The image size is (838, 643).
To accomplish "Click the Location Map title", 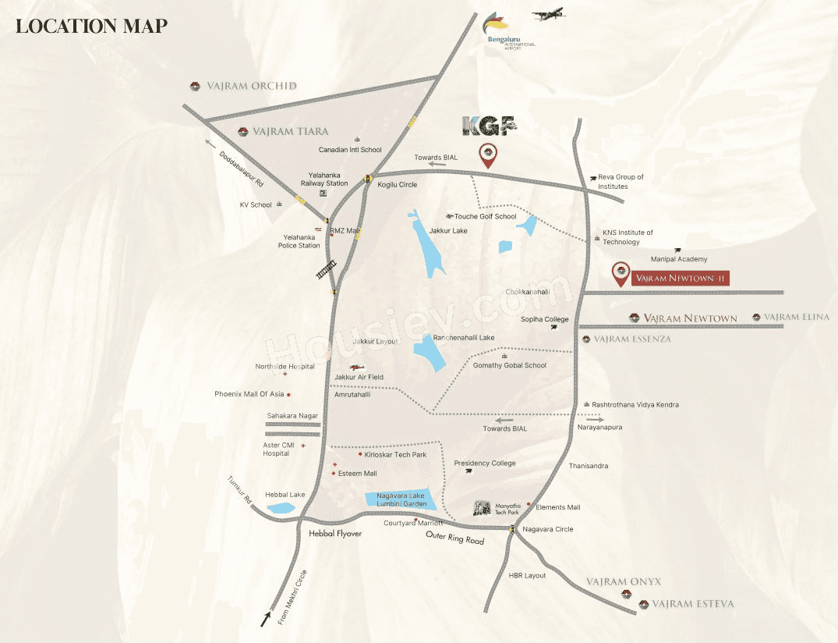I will click(91, 26).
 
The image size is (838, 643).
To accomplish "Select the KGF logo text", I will click(489, 126).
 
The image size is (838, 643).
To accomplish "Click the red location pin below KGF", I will click(488, 155).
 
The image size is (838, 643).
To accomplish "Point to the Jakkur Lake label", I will click(448, 231).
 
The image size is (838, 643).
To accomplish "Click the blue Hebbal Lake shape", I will click(281, 508).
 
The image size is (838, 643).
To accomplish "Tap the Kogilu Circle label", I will click(398, 185).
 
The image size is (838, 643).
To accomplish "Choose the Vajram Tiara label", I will click(290, 132).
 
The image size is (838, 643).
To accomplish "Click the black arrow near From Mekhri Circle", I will click(267, 620).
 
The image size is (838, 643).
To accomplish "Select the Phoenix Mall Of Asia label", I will click(249, 394).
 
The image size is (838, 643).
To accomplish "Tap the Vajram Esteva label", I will click(692, 604).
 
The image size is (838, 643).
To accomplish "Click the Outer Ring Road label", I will click(454, 538).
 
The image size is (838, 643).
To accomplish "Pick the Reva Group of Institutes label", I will click(621, 182).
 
